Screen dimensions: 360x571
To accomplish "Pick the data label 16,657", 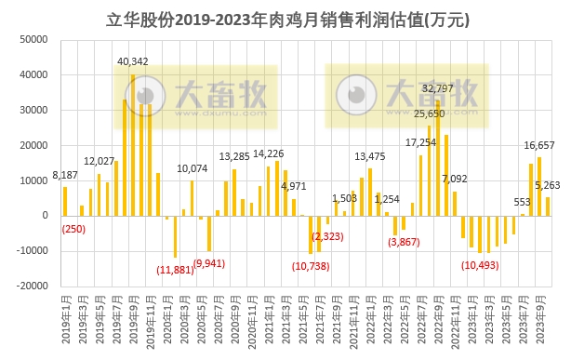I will [540, 145].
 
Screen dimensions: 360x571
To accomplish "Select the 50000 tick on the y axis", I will [34, 40].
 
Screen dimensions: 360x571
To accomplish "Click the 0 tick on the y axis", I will [46, 216].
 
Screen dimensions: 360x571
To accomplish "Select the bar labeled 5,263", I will [548, 206].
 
